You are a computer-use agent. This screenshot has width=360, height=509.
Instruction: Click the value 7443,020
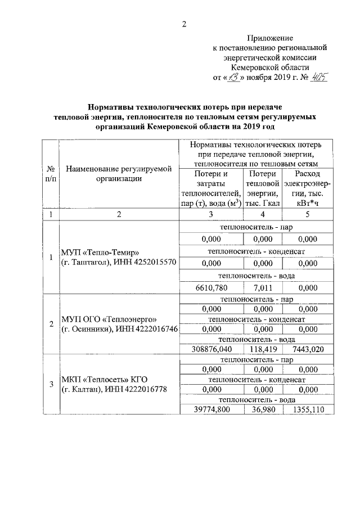tap(307, 350)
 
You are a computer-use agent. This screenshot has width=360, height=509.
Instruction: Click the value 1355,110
tap(307, 409)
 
